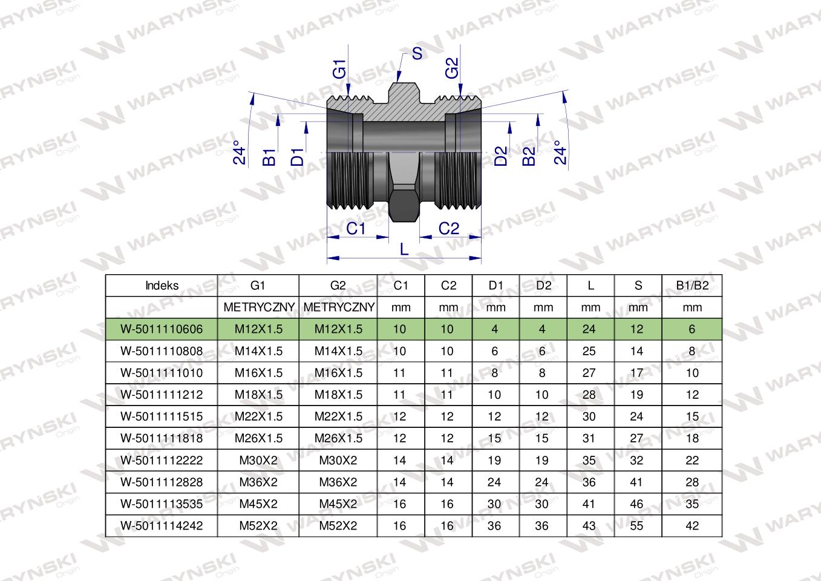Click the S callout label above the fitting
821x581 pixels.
[x=417, y=53]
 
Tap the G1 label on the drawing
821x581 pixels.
[x=339, y=69]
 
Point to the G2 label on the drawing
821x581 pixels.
[x=452, y=68]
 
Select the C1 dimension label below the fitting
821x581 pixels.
[x=356, y=229]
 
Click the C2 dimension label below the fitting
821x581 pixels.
[x=449, y=229]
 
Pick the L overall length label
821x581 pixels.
[x=404, y=249]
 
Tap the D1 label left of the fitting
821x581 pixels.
[x=298, y=157]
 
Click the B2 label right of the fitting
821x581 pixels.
[x=529, y=156]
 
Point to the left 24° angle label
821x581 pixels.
[x=240, y=153]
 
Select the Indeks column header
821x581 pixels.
[x=162, y=286]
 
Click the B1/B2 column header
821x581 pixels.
[x=692, y=286]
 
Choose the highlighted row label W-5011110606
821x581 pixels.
[x=162, y=329]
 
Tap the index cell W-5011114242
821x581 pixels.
[x=162, y=526]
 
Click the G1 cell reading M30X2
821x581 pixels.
[x=258, y=460]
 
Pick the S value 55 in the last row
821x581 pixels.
[x=636, y=526]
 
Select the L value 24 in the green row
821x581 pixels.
[x=589, y=329]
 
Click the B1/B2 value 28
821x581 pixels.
[x=692, y=482]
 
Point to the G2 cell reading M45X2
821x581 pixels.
[x=338, y=504]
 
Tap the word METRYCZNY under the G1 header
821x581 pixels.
[x=259, y=307]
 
